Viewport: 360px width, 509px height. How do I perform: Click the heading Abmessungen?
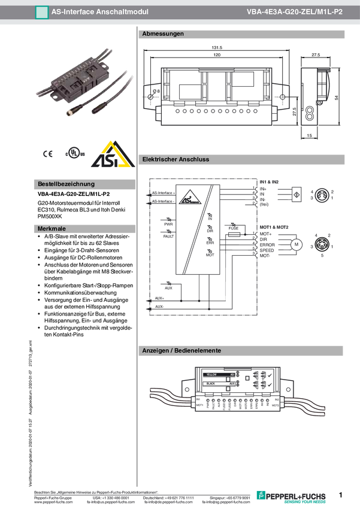coord(163,34)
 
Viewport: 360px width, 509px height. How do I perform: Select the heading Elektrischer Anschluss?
coord(176,160)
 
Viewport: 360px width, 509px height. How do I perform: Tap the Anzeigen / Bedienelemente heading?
coord(181,350)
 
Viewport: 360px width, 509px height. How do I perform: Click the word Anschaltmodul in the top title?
coord(124,11)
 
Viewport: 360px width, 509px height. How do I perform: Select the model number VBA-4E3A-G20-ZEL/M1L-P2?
coord(294,11)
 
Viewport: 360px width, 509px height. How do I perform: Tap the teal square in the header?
coord(41,12)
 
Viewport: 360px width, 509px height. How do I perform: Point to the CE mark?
coord(48,154)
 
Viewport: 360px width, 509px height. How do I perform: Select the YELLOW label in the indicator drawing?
coord(211,374)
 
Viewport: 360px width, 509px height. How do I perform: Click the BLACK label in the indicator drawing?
coord(210,383)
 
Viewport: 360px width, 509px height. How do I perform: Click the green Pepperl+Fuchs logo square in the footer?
coord(260,495)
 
